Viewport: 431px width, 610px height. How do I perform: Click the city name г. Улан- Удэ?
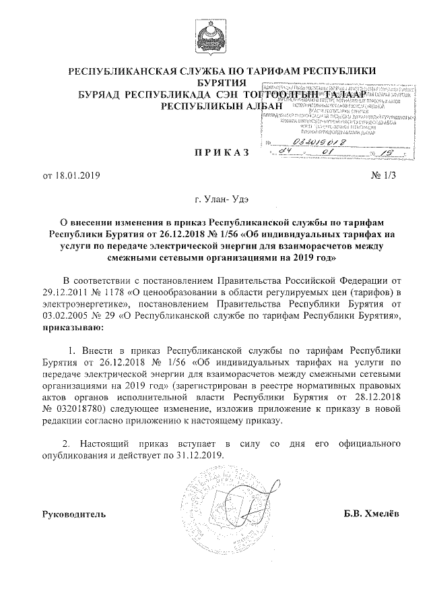(215, 200)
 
